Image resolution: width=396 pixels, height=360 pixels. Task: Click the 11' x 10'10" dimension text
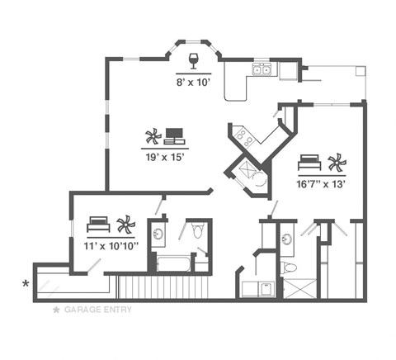click(111, 244)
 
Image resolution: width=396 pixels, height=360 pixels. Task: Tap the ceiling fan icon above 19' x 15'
click(152, 136)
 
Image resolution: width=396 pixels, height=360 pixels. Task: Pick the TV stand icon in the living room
click(175, 135)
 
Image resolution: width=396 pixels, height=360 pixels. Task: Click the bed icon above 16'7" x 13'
click(309, 161)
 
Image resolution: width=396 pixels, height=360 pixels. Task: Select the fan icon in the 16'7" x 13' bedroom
click(335, 161)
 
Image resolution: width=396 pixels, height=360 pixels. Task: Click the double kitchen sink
click(263, 71)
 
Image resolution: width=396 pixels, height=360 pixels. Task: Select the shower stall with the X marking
click(299, 287)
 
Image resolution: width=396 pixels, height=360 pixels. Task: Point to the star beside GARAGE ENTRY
click(56, 310)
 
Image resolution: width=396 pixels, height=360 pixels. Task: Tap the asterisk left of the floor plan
click(26, 285)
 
